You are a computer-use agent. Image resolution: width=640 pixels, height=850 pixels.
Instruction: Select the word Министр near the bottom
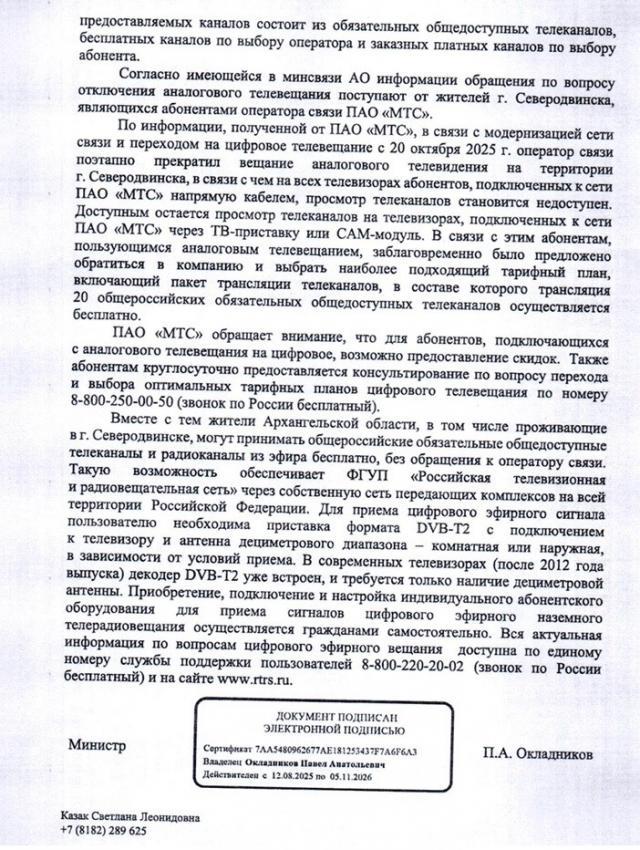pos(97,746)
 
